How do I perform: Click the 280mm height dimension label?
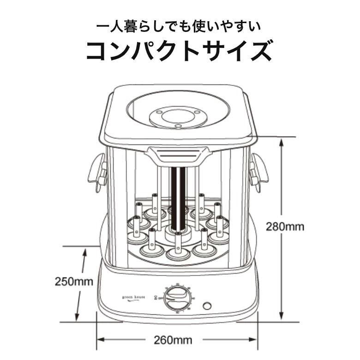(286, 227)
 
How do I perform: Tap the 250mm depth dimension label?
(74, 281)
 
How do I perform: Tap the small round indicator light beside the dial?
(207, 306)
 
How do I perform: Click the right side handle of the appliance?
(258, 171)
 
